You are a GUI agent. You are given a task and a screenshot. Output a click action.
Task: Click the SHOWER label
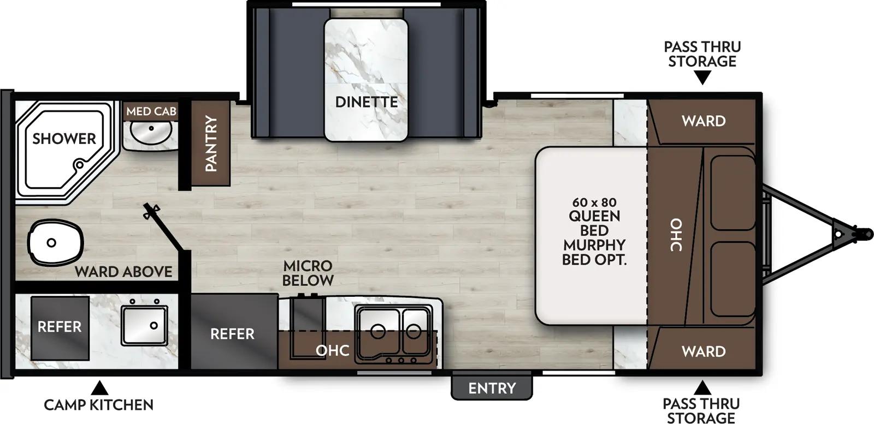coord(64,139)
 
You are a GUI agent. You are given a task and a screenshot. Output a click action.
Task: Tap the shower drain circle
coord(80,164)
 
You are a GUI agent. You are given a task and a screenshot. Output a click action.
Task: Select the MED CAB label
coord(151,111)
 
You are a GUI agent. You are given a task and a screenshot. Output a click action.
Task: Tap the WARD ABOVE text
coord(123,271)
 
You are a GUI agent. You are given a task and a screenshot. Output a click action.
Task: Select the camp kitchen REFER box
coord(60,327)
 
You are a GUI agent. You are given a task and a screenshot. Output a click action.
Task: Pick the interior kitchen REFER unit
coord(233,333)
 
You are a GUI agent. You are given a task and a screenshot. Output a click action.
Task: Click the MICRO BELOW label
coord(308,273)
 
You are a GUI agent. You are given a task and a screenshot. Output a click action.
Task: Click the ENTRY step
coord(492,387)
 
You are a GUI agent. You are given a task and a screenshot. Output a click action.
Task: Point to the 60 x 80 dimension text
coord(594,202)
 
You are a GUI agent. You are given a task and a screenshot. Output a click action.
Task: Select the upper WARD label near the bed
coord(704,121)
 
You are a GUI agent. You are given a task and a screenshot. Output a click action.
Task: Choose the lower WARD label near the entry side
coord(704,351)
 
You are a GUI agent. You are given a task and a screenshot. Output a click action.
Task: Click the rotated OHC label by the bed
coord(676,235)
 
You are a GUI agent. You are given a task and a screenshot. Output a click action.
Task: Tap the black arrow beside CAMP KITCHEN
coord(99,388)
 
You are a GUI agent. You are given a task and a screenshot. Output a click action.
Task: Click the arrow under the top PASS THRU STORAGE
coord(702,78)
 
